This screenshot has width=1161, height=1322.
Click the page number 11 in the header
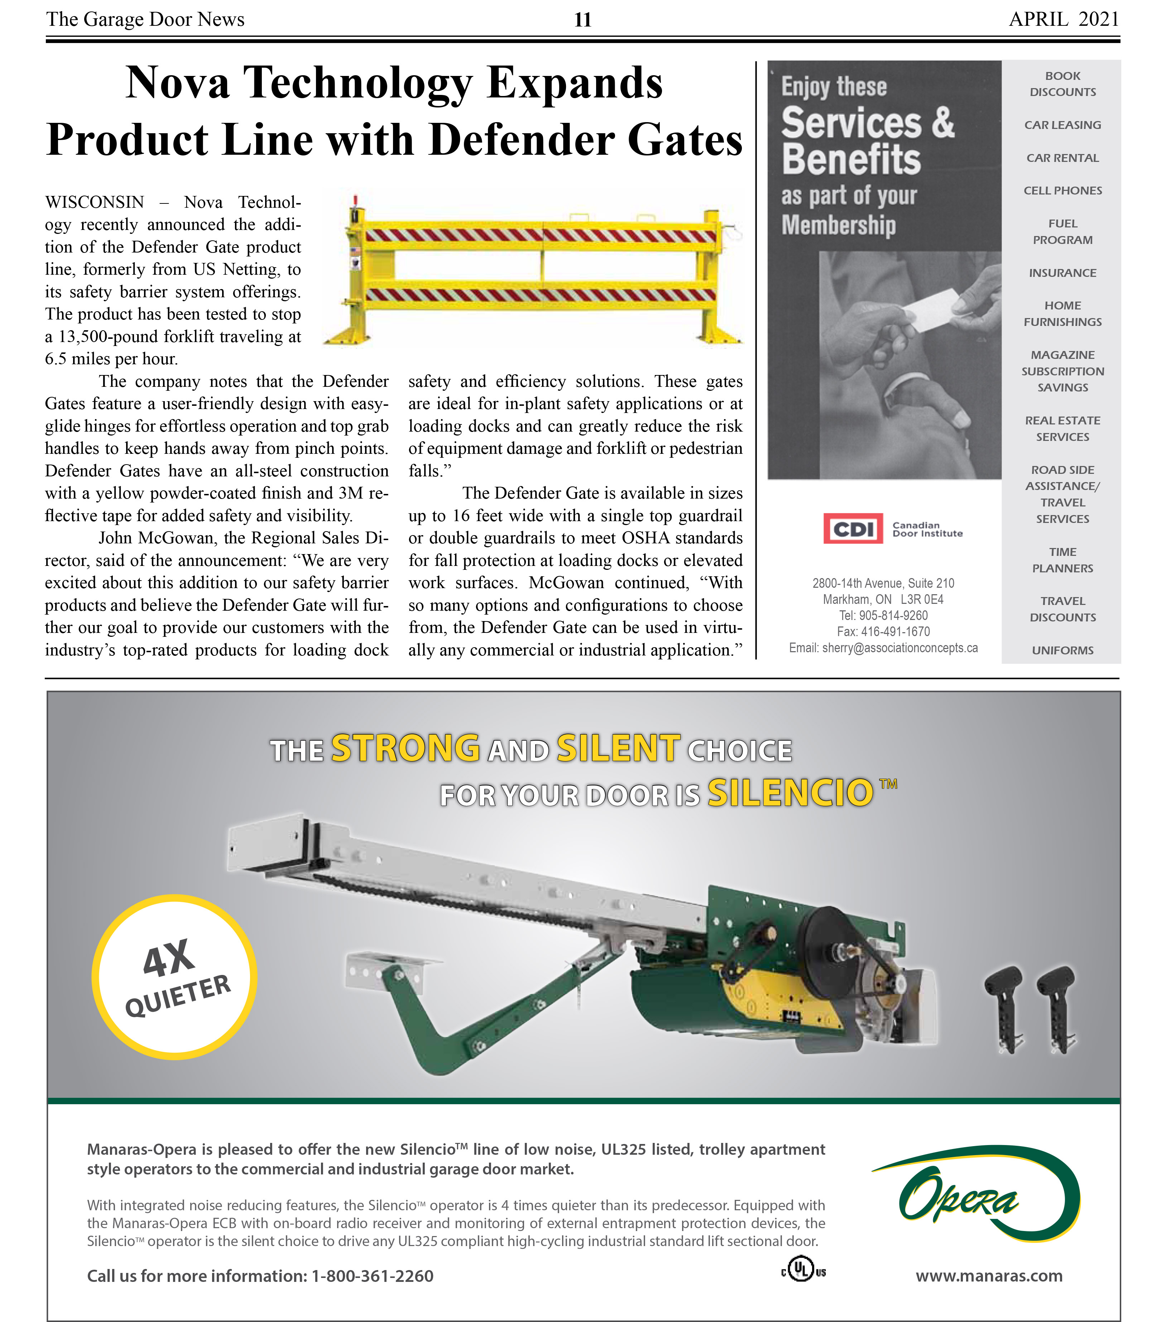coord(582,20)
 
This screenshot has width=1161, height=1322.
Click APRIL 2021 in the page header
coord(1063,19)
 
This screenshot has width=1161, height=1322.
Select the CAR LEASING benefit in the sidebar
coord(1062,125)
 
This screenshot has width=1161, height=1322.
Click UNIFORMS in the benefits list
coord(1062,650)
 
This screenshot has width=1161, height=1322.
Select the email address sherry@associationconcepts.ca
coord(899,648)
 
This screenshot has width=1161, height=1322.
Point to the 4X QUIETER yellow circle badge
coord(175,977)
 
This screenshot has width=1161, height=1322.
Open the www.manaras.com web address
coord(988,1275)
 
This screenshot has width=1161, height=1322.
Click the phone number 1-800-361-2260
coord(372,1275)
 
